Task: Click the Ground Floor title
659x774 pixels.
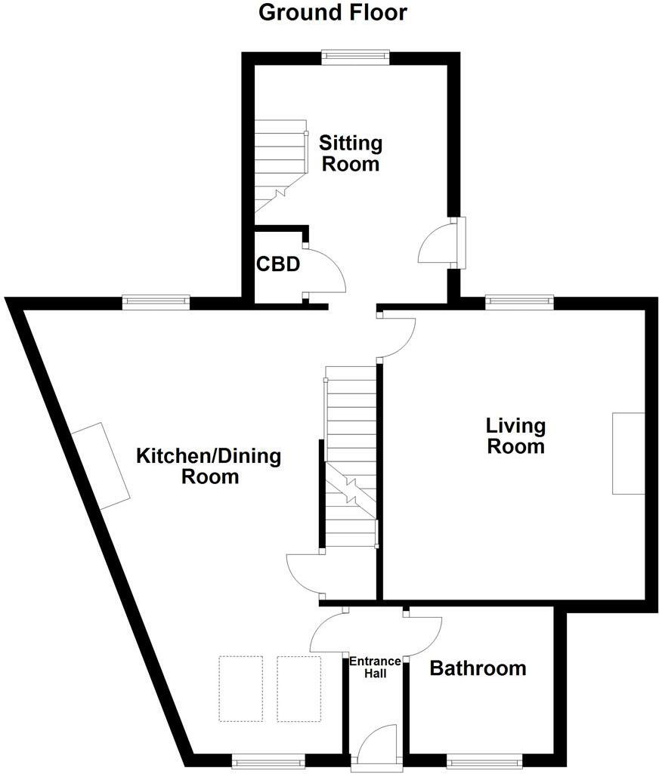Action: (x=333, y=13)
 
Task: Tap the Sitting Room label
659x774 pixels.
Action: (x=351, y=153)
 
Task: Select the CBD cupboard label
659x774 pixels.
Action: (x=278, y=265)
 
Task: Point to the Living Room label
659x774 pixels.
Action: (x=515, y=436)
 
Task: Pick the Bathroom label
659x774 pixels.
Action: (x=478, y=668)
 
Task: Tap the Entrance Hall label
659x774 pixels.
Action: (x=375, y=667)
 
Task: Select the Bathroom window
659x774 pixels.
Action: (x=484, y=760)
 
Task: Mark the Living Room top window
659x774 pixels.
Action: (x=519, y=302)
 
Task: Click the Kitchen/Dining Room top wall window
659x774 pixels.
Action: (x=156, y=302)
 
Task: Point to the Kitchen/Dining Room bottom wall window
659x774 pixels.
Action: (x=268, y=760)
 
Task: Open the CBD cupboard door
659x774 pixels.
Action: (x=325, y=272)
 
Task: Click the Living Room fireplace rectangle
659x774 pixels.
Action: (x=628, y=453)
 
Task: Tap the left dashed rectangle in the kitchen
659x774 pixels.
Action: (x=241, y=689)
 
